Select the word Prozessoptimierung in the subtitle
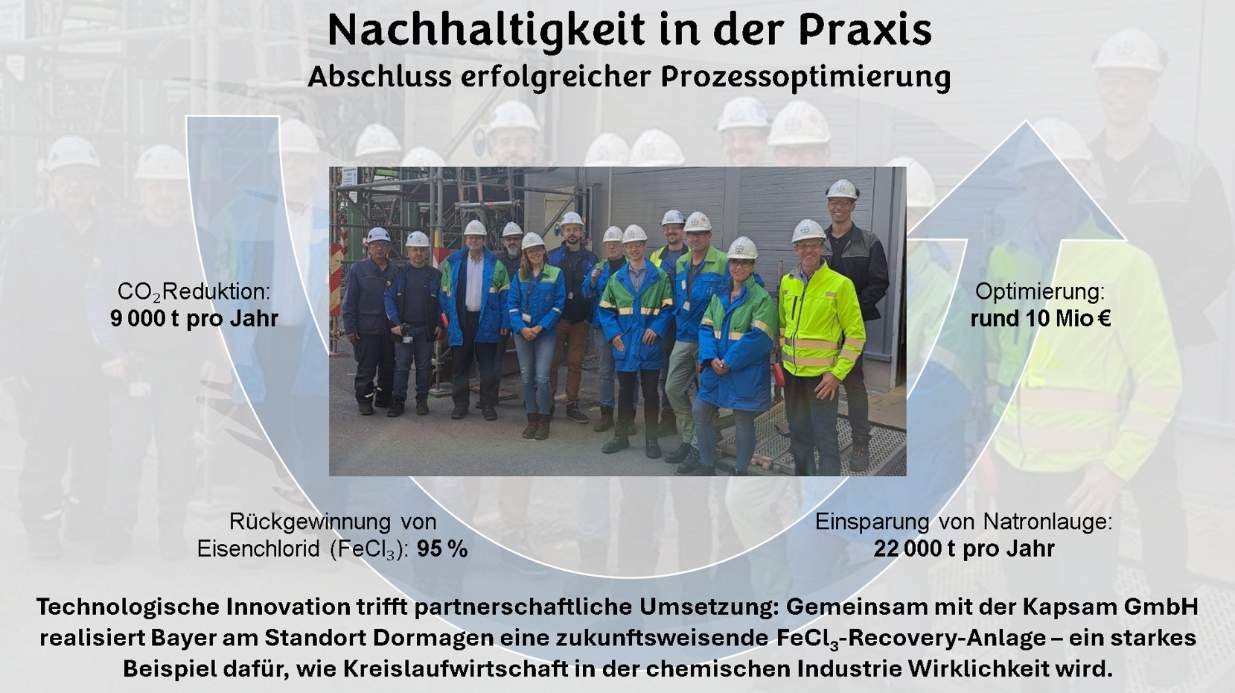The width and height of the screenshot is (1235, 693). click(x=805, y=77)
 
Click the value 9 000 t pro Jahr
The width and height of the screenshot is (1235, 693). click(x=194, y=318)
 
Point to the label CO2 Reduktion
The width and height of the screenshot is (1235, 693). click(x=194, y=292)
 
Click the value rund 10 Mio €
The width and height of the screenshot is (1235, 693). click(x=1041, y=318)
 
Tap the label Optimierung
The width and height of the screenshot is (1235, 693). click(x=1040, y=292)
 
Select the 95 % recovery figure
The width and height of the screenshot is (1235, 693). click(x=442, y=549)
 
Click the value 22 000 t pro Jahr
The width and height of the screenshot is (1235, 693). click(x=964, y=548)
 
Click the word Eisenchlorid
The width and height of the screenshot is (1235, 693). click(x=258, y=549)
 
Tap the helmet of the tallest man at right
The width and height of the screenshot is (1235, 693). click(x=842, y=189)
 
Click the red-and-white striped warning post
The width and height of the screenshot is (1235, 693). click(x=335, y=282)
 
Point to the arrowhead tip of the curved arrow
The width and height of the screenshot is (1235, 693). click(x=1026, y=122)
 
